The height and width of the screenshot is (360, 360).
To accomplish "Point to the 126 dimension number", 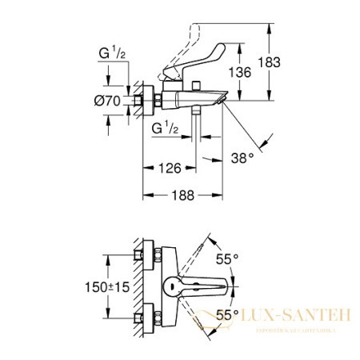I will tap(169, 168).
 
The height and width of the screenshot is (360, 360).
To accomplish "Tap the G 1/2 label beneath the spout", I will tap(166, 128).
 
